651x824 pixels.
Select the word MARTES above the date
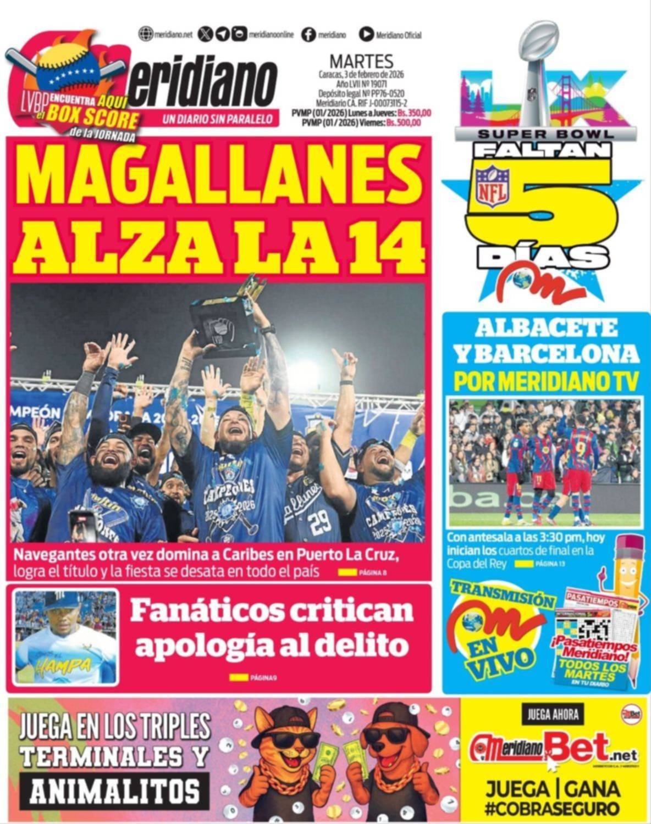361,61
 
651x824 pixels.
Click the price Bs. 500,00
404,123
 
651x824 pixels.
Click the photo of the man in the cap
65,637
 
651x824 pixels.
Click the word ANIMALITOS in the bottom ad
115,792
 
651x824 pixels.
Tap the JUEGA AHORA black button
553,715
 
